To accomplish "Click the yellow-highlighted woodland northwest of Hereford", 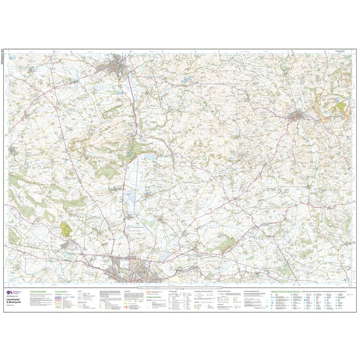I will (65, 228).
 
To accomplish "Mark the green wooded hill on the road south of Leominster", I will (134, 151).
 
